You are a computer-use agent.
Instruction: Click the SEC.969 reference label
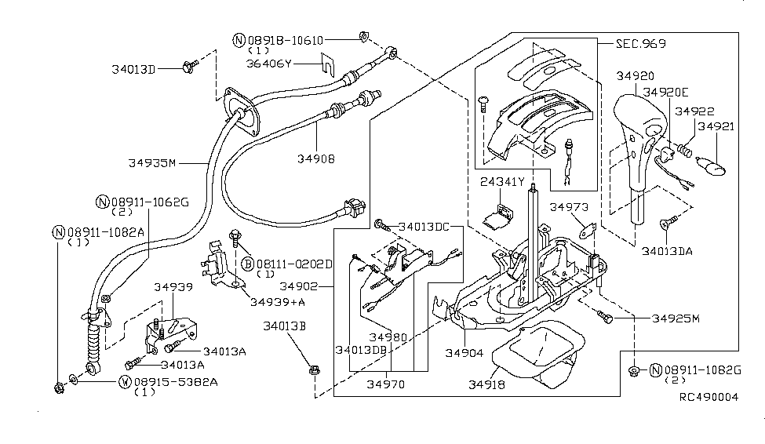point(640,43)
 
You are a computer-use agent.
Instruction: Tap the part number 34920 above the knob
point(636,75)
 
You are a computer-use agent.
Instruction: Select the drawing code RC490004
point(709,397)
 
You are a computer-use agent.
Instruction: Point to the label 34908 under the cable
point(316,158)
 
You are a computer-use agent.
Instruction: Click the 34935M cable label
point(151,163)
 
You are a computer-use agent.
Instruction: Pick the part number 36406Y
point(269,64)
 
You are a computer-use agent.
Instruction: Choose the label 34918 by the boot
point(487,384)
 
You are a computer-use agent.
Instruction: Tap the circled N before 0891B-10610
point(239,40)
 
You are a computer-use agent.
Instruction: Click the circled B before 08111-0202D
point(248,264)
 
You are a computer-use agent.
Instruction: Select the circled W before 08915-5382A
point(126,381)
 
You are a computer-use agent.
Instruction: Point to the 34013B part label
point(285,326)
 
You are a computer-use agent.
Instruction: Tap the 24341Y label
point(502,182)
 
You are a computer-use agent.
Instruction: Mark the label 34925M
point(676,318)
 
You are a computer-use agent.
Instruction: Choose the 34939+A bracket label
point(278,302)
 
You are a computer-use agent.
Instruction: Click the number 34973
point(569,207)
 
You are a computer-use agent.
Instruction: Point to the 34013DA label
point(667,251)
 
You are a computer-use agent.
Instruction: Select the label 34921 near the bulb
point(716,126)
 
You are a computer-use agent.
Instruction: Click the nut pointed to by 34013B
point(314,371)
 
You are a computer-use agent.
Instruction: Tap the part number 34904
point(464,353)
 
